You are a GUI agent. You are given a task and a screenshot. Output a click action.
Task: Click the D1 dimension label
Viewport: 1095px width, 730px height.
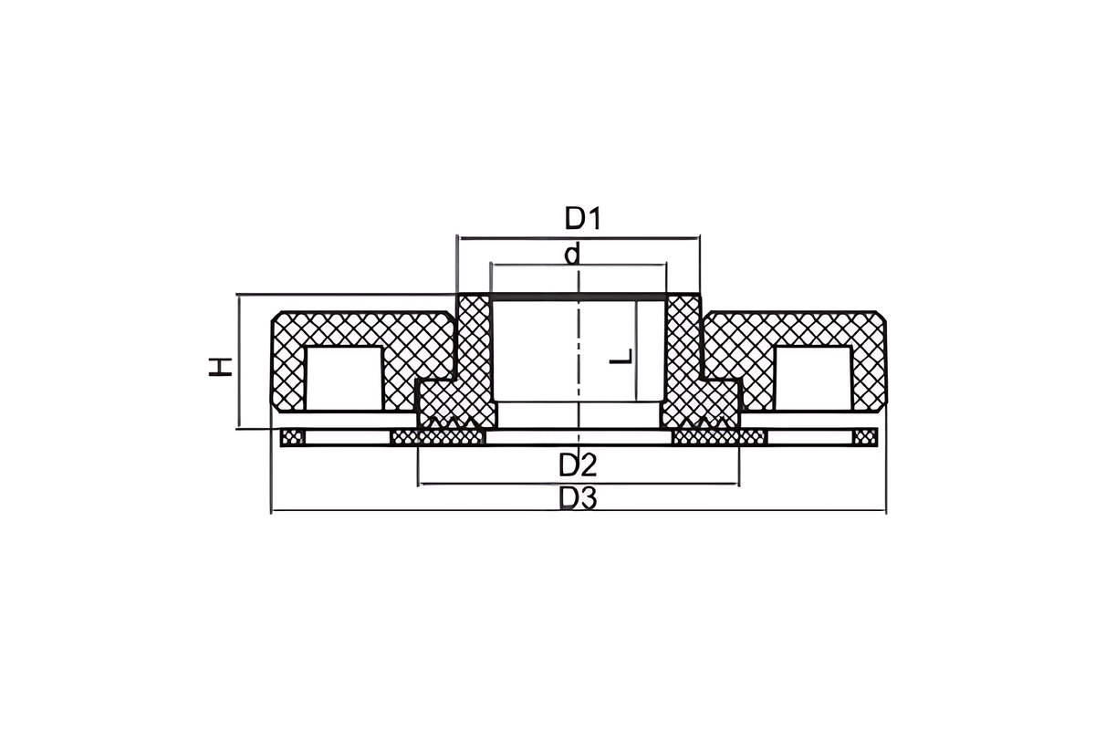tap(582, 218)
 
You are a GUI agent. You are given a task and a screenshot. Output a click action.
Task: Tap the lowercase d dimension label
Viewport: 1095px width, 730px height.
tap(572, 254)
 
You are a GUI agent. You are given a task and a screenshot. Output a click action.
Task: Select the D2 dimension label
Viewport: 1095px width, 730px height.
tap(578, 465)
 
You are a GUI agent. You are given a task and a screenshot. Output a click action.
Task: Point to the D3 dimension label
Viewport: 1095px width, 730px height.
tap(578, 498)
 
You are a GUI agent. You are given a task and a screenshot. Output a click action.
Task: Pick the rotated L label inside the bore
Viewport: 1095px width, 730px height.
tap(621, 357)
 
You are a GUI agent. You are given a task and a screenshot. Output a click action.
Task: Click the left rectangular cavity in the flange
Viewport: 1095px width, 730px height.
tap(344, 379)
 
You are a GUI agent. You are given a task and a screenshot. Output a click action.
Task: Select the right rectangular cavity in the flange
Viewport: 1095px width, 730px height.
tap(812, 379)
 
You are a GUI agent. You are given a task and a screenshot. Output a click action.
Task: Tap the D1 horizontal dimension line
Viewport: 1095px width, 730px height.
tap(579, 238)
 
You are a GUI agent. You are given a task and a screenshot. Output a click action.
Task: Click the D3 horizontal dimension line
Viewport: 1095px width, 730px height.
tap(579, 511)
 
